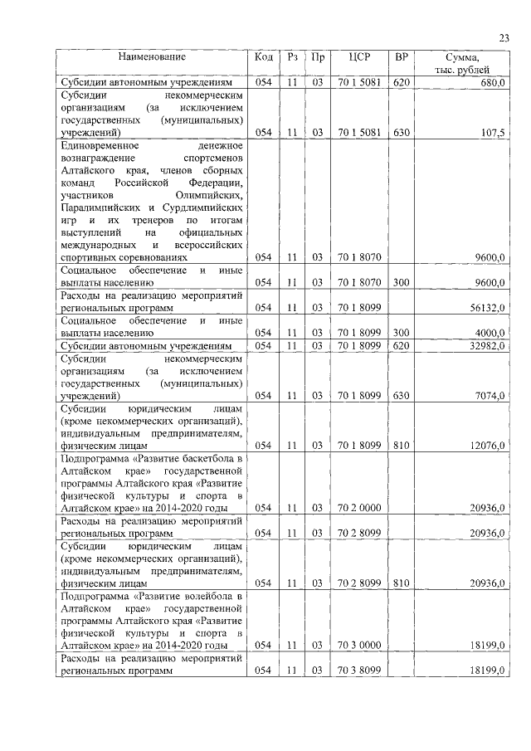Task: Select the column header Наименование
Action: coord(151,57)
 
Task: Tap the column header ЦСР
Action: coord(359,57)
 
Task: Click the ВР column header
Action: coord(402,57)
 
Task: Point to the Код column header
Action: coord(263,57)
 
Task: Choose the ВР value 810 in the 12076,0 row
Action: coord(402,445)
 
